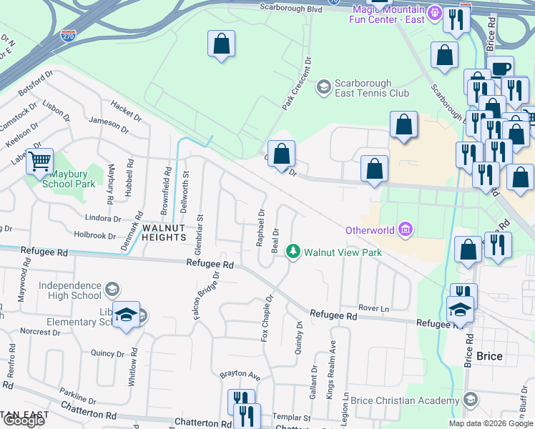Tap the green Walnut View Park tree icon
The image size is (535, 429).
click(x=292, y=252)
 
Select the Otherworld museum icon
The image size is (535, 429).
click(x=406, y=230)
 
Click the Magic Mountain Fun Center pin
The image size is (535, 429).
click(x=433, y=13)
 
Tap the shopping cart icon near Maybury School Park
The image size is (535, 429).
click(x=39, y=161)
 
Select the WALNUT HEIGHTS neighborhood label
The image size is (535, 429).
click(x=169, y=228)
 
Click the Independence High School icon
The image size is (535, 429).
click(x=112, y=290)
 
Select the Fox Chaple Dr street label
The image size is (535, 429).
click(x=267, y=317)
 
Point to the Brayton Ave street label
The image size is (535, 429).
click(x=240, y=374)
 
